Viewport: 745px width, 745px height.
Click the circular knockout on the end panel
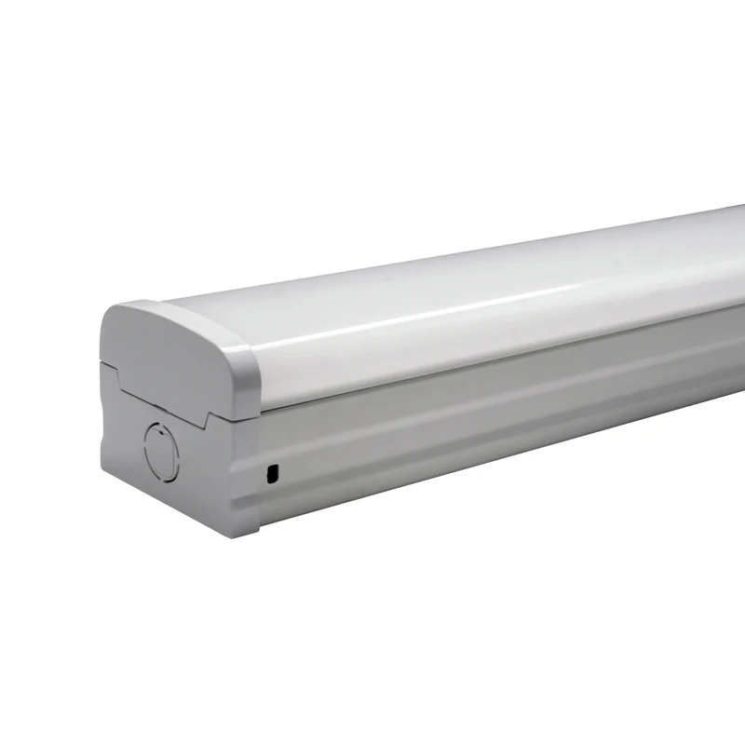[x=159, y=451]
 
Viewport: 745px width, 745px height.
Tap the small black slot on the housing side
[x=272, y=474]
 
